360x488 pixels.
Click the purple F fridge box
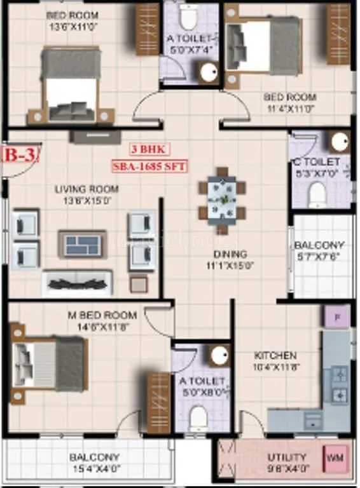click(336, 316)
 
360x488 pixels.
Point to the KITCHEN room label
click(275, 355)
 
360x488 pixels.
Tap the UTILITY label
click(287, 456)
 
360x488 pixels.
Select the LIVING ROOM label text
click(87, 189)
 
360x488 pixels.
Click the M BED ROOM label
click(103, 315)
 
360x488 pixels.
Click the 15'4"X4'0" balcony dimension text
click(94, 468)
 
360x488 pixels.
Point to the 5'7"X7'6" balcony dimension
click(319, 257)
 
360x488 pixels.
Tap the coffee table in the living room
click(83, 243)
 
